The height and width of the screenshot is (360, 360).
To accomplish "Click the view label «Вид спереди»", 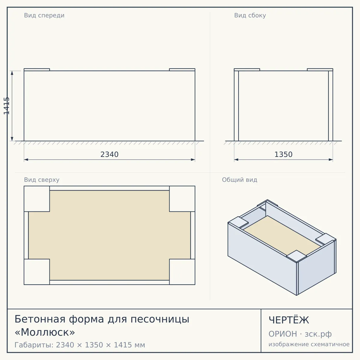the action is [44, 15].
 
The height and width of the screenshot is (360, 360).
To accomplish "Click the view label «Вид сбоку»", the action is [250, 15].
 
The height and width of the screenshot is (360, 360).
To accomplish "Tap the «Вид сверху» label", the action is [42, 180].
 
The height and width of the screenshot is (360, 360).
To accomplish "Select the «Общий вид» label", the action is [239, 180].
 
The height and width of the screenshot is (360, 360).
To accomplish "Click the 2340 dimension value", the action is [109, 154].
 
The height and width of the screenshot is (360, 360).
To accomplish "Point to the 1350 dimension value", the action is [283, 154].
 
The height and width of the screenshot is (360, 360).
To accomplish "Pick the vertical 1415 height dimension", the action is [7, 106].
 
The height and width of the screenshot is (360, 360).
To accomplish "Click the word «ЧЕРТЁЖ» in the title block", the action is [289, 320].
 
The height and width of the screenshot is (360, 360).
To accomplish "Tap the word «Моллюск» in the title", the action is [45, 332].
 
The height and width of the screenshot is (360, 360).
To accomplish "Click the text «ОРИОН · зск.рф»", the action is [300, 334].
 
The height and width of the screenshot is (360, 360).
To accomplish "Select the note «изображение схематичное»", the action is [309, 344].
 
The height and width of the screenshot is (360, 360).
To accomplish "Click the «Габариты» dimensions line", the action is [80, 345].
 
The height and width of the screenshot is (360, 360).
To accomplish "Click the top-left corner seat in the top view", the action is [37, 199].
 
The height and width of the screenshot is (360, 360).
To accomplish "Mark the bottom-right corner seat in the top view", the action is [182, 272].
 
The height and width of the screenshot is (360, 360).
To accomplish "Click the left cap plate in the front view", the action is [37, 70].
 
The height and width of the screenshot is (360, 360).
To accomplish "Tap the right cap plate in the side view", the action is [320, 70].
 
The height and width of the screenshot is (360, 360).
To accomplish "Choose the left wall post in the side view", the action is [236, 106].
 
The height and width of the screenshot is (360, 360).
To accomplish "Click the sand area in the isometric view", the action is [282, 236].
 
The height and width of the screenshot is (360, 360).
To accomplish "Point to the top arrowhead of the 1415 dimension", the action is [12, 73].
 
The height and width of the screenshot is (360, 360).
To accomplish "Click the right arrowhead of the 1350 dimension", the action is [331, 160].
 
